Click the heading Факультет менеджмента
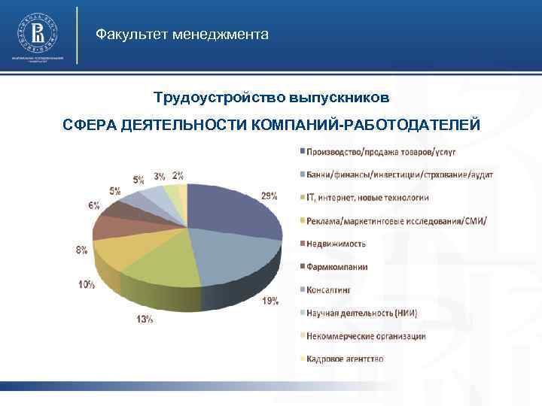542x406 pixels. pos(181,35)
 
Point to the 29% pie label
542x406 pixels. pos(269,195)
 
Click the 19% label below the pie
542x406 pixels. pos(269,301)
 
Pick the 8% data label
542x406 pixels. pos(81,250)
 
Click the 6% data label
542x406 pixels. pos(93,205)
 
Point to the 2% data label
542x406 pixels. pos(178,175)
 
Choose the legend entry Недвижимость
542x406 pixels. pos(336,244)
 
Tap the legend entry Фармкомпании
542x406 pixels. pos(336,266)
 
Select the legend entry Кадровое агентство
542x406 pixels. pos(344,359)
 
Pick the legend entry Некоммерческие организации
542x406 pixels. pos(365,335)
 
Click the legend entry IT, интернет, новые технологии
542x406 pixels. pos(367,198)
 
